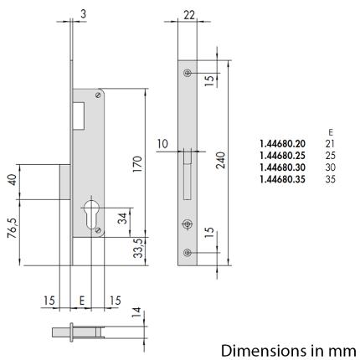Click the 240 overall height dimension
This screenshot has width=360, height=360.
point(220,161)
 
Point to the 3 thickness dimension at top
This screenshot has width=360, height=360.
point(84,12)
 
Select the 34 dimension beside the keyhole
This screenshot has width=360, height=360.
point(123,219)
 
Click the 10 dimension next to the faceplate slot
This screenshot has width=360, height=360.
point(164,144)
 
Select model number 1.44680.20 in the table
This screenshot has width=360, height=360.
point(283,144)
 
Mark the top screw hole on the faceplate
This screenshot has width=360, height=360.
point(187,74)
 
